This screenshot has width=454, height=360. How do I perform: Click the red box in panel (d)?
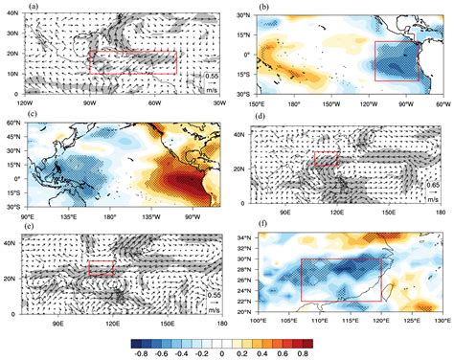[327, 159]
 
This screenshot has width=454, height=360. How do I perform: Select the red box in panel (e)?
[101, 269]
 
